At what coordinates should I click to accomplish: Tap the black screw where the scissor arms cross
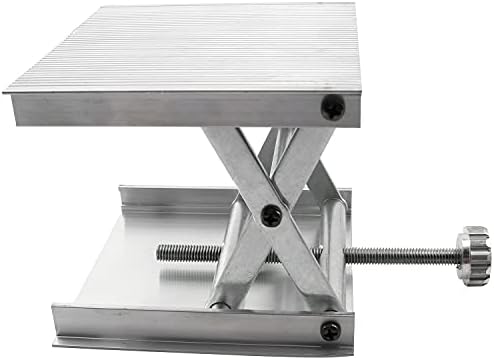click(269, 212)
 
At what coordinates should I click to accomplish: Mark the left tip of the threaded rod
click(160, 251)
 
